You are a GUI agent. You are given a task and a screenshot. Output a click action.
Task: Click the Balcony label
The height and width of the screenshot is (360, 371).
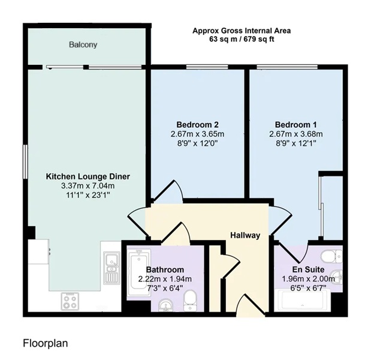pyautogui.click(x=83, y=45)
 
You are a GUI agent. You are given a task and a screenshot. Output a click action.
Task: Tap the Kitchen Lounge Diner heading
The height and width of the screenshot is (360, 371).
pyautogui.click(x=88, y=176)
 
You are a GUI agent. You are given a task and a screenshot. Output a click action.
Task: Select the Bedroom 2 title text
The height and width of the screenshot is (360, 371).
pyautogui.click(x=198, y=125)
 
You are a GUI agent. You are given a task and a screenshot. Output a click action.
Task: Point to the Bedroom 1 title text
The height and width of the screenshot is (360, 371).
pyautogui.click(x=295, y=125)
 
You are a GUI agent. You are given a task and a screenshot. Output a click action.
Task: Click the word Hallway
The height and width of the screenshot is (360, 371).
pyautogui.click(x=245, y=235)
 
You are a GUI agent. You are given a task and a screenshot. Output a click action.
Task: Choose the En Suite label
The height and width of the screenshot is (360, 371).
pyautogui.click(x=308, y=269)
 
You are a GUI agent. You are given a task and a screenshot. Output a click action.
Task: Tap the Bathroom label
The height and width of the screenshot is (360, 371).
pyautogui.click(x=165, y=270)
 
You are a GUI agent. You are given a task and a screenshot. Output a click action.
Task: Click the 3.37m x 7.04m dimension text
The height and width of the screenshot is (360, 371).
pyautogui.click(x=88, y=186)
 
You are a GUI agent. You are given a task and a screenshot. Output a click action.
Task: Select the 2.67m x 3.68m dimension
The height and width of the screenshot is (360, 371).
pyautogui.click(x=295, y=134)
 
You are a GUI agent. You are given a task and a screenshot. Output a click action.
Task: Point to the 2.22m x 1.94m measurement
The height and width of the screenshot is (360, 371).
pyautogui.click(x=165, y=279)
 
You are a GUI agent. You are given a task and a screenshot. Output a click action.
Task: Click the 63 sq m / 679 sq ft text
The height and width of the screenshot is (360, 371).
pyautogui.click(x=242, y=39)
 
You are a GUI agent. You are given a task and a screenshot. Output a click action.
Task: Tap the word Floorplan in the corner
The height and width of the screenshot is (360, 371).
pyautogui.click(x=46, y=343)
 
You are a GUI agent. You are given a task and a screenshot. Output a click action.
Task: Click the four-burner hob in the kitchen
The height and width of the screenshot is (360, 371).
pyautogui.click(x=70, y=301)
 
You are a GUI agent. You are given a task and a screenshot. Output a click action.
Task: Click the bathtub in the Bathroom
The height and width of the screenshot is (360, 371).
pyautogui.click(x=139, y=272)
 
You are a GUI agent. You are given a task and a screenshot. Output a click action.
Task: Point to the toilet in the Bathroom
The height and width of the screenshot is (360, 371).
pyautogui.click(x=191, y=301)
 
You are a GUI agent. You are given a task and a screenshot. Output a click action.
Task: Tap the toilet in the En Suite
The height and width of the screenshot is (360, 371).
pyautogui.click(x=331, y=257)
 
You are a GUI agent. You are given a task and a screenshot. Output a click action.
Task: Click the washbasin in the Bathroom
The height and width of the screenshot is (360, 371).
pyautogui.click(x=166, y=305)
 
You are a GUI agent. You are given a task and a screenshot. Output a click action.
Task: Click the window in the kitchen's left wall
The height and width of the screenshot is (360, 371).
pyautogui.click(x=25, y=161)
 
